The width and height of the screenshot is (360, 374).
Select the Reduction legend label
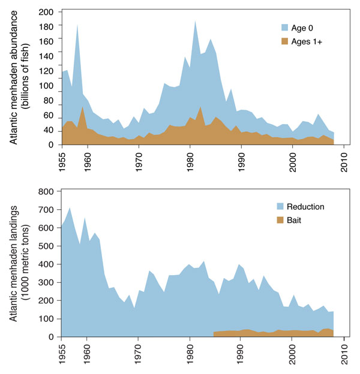point(306,207)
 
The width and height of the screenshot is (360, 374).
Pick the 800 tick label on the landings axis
point(48,192)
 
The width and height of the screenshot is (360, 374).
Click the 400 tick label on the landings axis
point(48,264)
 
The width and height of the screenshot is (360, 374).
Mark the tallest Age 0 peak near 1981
point(195,21)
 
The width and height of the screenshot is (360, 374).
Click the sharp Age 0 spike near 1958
point(77,25)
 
